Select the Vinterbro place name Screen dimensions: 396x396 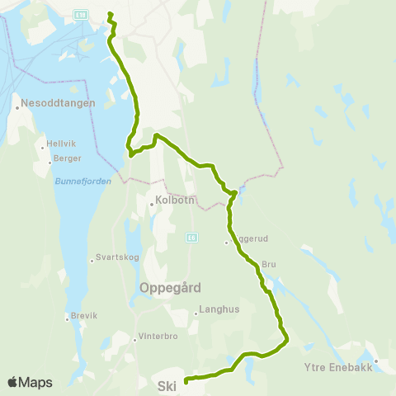pos(158,337)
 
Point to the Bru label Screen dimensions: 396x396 pos(267,265)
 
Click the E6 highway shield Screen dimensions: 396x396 pos(191,237)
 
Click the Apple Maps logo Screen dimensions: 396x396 pos(29,382)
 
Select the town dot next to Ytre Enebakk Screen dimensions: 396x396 pos(375,361)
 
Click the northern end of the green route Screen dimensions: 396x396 pos(110,12)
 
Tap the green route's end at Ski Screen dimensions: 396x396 pos(186,380)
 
